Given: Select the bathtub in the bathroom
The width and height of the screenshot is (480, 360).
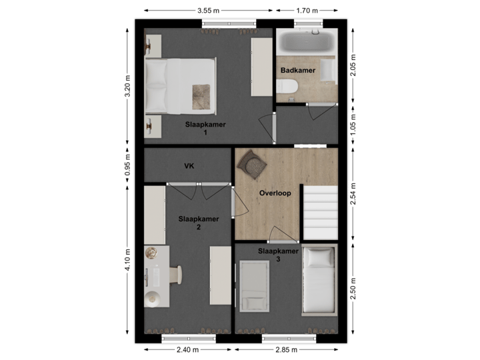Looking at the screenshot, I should point(305,42).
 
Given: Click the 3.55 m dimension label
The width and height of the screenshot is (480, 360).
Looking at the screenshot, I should point(208,10).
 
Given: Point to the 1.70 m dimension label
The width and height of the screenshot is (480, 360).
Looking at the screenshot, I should point(307,10).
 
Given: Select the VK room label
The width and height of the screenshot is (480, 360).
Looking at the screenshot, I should point(189,166).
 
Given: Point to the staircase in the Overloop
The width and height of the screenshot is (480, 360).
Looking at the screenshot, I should point(321,210).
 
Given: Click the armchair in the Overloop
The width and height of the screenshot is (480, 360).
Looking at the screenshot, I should point(251,162).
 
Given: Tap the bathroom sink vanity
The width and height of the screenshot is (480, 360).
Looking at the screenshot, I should point(327,69).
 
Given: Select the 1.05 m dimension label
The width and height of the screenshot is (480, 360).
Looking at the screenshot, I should point(353,124).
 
